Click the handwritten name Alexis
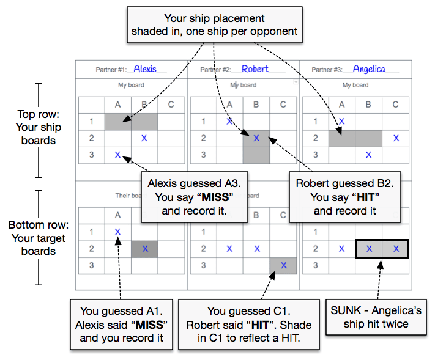[145, 68]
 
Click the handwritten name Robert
[255, 68]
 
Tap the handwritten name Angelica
[369, 68]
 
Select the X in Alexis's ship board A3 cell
[117, 155]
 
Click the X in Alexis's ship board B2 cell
[144, 138]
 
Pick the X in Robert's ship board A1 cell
[229, 121]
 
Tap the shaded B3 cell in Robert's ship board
[256, 155]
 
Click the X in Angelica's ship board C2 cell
[396, 138]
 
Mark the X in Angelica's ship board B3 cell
[368, 155]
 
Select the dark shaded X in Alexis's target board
[145, 249]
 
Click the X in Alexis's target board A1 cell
[117, 232]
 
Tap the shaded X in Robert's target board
[283, 265]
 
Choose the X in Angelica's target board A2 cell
[341, 249]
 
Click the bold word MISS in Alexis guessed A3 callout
[215, 197]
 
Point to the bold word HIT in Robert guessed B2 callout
[366, 197]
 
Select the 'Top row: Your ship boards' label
[39, 127]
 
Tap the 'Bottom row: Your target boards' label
[39, 238]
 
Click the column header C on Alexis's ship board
[171, 105]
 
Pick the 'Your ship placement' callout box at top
[215, 25]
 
